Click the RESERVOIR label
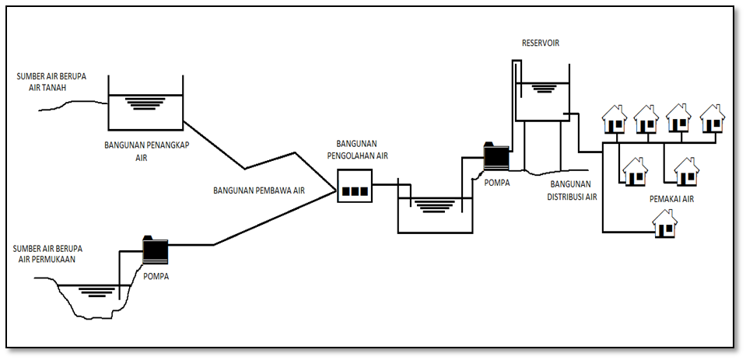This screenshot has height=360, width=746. tap(540, 43)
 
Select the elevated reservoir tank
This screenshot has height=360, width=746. tap(542, 100)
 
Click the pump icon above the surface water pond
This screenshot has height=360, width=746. tap(156, 249)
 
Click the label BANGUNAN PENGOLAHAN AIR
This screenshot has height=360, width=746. tap(362, 149)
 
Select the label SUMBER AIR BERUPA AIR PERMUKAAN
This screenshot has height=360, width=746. tap(49, 253)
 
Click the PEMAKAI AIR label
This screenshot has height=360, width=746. tap(671, 199)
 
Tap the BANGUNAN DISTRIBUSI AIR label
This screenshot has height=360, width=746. tap(573, 190)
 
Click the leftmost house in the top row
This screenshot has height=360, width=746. tap(615, 118)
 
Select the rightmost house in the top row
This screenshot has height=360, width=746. tap(712, 118)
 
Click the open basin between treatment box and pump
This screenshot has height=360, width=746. tap(435, 214)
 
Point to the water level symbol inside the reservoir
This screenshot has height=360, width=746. tap(542, 88)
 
